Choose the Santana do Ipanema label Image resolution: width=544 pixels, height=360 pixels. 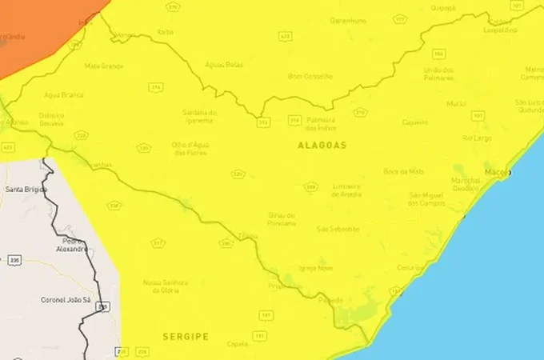point(199,116)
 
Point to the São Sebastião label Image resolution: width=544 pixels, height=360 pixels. point(335,229)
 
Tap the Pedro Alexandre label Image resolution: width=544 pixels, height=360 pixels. point(72,244)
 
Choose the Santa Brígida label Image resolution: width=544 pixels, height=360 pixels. point(26,190)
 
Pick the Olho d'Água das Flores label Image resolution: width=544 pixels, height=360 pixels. point(190,148)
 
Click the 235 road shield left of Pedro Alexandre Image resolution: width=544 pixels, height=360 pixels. point(14,260)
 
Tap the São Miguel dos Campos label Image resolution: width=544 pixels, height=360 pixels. point(425,199)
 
